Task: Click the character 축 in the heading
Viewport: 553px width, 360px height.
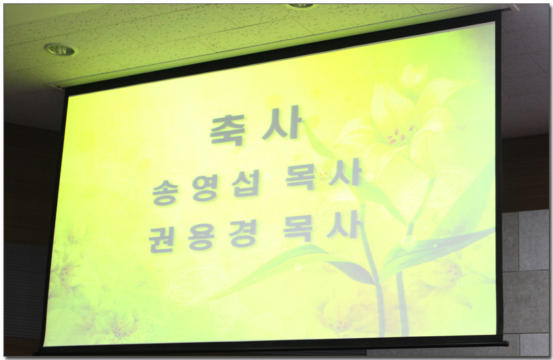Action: (227, 130)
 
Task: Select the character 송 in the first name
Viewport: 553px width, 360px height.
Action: (164, 192)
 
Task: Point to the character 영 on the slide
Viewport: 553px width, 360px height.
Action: (205, 189)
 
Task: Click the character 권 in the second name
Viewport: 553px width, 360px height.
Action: (161, 240)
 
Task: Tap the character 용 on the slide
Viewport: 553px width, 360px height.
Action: (201, 237)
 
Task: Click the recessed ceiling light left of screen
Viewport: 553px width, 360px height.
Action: (60, 50)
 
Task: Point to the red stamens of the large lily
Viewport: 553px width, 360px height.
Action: (400, 135)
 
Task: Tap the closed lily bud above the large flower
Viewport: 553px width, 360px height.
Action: (413, 78)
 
